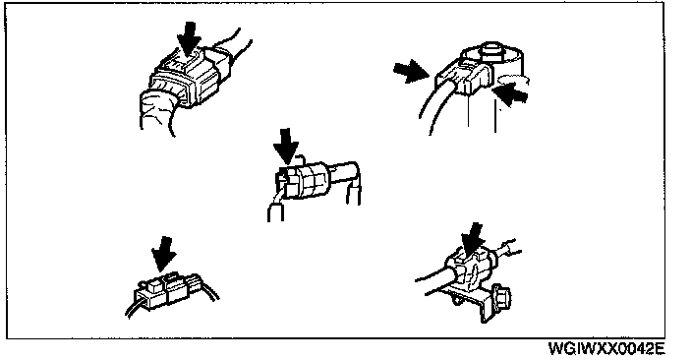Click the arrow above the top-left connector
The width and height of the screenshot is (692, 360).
pos(190,39)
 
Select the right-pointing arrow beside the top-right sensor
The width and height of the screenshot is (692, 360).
pos(411,71)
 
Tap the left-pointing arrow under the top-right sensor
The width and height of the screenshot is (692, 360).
pos(510,94)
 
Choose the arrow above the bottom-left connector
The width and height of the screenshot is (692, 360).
pos(164,254)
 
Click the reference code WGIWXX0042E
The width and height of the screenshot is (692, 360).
pos(606,348)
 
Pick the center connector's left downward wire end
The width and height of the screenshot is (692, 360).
pos(275,212)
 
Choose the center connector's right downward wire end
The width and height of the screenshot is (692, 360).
pos(353,195)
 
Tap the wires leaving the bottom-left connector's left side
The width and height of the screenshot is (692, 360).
pos(134,307)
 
